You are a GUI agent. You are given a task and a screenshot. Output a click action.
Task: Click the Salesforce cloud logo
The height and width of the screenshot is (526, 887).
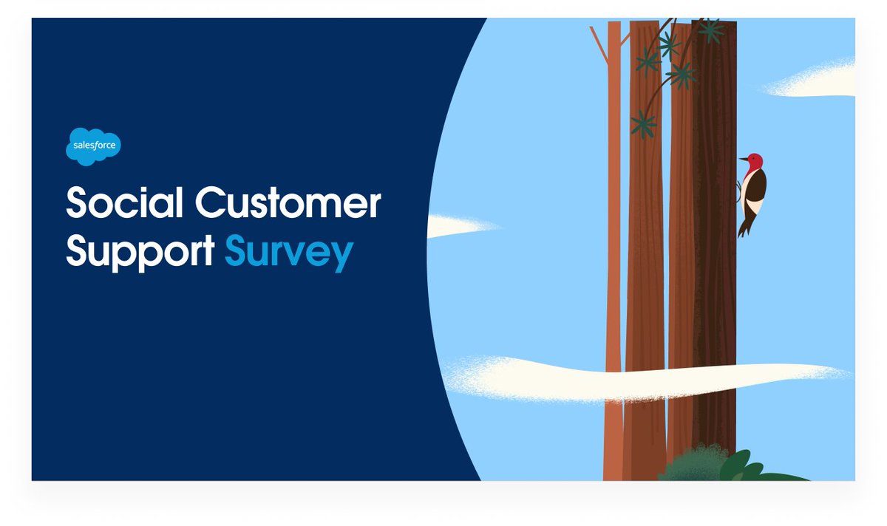tap(93, 146)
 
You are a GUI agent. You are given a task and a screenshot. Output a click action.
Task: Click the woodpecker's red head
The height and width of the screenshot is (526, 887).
tap(753, 161)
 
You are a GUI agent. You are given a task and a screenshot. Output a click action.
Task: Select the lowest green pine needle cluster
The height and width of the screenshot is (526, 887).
tap(643, 124)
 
